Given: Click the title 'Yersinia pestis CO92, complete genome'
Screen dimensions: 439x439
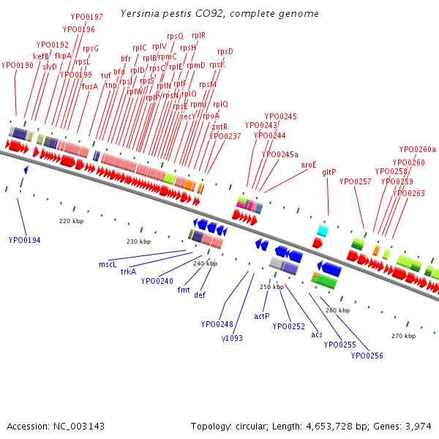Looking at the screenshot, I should [x=219, y=14].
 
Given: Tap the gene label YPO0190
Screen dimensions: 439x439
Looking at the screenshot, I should [x=18, y=65].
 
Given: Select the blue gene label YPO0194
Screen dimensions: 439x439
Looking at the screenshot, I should [x=25, y=240].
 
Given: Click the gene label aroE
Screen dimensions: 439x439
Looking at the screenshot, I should [x=309, y=165].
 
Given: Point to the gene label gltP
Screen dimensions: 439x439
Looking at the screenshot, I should [x=329, y=172].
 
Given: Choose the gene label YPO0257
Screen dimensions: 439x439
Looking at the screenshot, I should [x=356, y=181].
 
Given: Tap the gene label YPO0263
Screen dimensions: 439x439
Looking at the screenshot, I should [x=408, y=193].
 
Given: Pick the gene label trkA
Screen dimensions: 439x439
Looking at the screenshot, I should [x=128, y=271].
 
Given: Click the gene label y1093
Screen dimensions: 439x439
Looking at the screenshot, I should [x=232, y=338].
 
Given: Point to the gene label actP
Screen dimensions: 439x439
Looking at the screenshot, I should [x=262, y=316].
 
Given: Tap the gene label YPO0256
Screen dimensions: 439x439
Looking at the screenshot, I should [x=367, y=356].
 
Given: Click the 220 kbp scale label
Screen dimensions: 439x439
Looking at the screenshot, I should [x=71, y=220].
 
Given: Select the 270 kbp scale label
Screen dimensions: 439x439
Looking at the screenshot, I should [x=403, y=336].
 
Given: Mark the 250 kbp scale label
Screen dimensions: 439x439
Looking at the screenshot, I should [x=271, y=288].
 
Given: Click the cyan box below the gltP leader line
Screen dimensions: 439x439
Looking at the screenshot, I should [x=322, y=231].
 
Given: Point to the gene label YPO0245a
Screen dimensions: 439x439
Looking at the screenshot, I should [x=280, y=154].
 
